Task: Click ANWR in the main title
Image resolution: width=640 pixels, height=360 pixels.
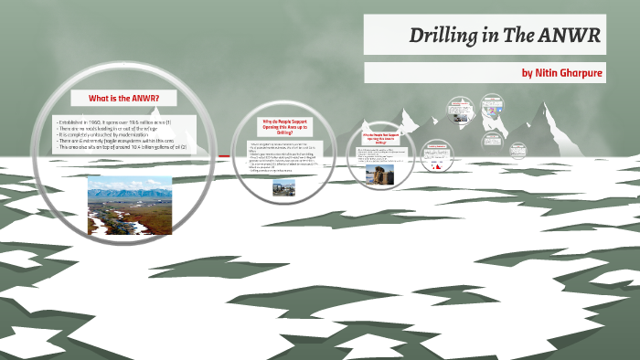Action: point(570,37)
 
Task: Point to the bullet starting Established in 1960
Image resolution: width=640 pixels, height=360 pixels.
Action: point(119,122)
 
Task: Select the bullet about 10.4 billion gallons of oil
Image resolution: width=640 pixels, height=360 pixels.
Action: point(123,147)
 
